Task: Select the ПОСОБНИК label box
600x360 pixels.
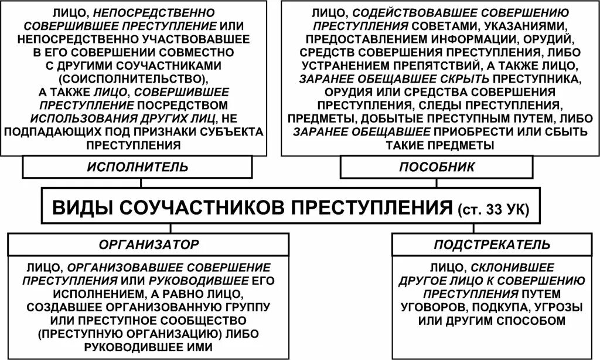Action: (437, 167)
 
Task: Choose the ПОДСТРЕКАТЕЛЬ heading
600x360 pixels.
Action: (492, 244)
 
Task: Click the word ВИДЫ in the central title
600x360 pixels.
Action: (83, 208)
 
